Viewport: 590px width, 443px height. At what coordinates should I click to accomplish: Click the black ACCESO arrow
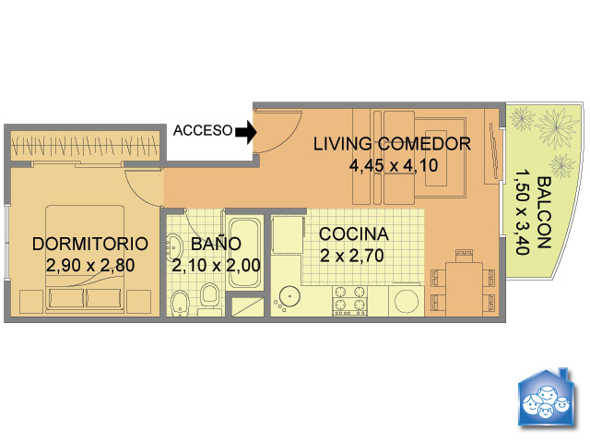tap(246, 132)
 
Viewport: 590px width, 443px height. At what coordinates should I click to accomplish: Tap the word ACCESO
tap(203, 130)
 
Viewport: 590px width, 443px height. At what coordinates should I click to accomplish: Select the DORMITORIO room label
tap(90, 244)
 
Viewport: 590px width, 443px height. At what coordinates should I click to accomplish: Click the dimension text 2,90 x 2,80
tap(90, 266)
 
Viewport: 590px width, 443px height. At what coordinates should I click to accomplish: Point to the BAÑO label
tap(216, 243)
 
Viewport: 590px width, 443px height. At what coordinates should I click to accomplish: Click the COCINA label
tap(354, 233)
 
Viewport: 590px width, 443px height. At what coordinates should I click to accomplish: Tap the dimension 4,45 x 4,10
tap(394, 165)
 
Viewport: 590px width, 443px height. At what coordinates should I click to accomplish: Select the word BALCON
tap(543, 212)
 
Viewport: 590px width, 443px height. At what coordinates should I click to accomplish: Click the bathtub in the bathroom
tap(244, 253)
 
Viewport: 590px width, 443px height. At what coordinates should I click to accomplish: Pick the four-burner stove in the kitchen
tap(349, 301)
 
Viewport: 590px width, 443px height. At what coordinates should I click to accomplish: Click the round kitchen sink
tap(289, 296)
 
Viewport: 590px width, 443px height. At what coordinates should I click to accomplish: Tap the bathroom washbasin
tap(174, 247)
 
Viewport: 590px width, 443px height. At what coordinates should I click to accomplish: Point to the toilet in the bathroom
tap(209, 299)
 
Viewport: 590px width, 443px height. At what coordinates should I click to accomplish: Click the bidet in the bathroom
tap(179, 304)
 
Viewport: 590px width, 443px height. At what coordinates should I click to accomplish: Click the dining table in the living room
tap(464, 289)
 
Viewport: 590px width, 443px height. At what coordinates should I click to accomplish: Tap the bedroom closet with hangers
tap(85, 146)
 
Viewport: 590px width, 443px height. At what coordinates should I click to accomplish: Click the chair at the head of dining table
tap(464, 256)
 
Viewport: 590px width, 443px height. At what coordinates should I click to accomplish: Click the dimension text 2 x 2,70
tap(352, 256)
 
